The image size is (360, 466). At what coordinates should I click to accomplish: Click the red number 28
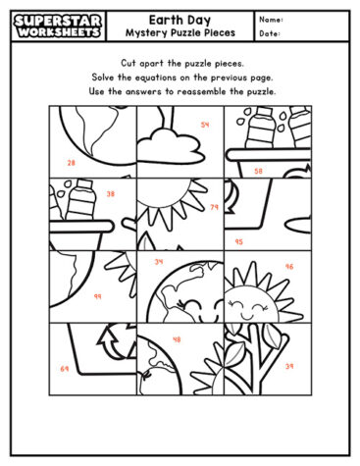click(x=71, y=163)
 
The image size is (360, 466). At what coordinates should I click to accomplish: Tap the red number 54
click(x=205, y=125)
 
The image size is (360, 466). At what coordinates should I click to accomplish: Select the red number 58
click(x=258, y=171)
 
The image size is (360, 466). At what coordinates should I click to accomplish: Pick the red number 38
click(x=110, y=193)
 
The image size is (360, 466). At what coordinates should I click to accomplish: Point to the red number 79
click(x=214, y=207)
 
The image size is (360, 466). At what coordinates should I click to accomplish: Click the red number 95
click(x=238, y=240)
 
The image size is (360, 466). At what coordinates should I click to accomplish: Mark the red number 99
click(x=97, y=295)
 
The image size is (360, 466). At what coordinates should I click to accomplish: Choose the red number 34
click(x=160, y=262)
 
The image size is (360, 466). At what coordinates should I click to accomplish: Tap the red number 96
click(x=288, y=266)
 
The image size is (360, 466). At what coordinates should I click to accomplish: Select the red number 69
click(x=65, y=368)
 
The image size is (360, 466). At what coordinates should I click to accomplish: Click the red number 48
click(x=177, y=339)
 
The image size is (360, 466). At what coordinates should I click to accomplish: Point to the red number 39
click(x=288, y=366)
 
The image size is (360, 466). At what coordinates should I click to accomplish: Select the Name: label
click(x=272, y=19)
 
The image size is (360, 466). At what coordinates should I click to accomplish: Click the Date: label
click(x=271, y=33)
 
